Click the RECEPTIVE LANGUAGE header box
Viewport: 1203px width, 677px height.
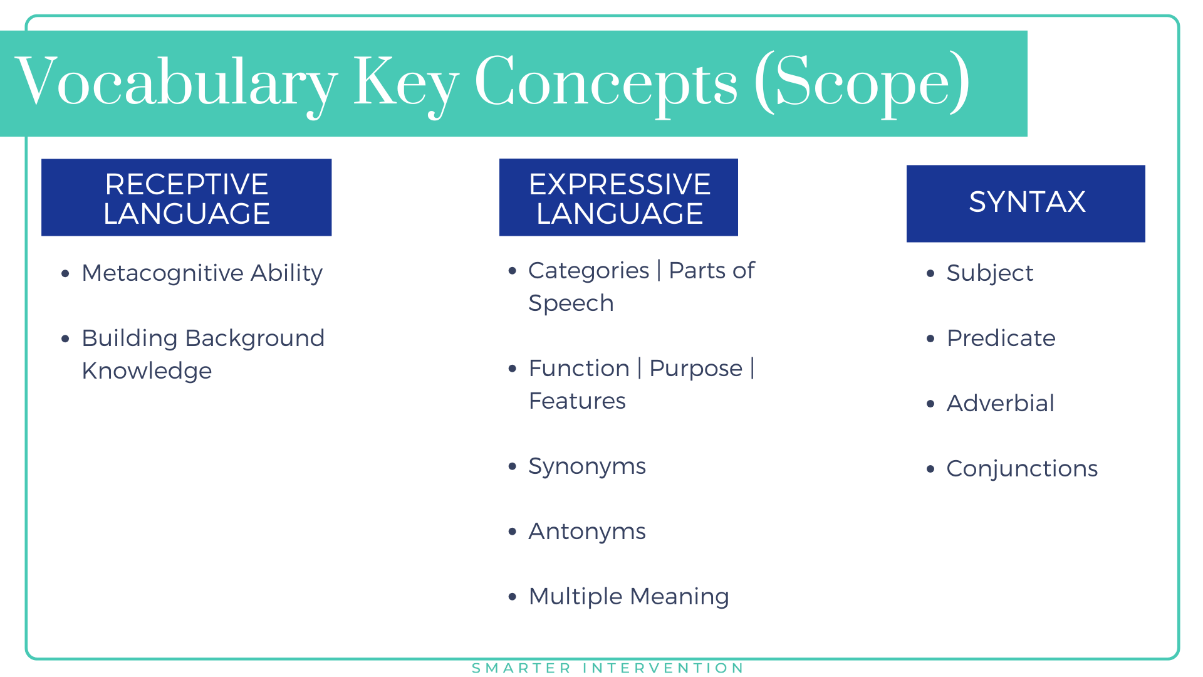186,198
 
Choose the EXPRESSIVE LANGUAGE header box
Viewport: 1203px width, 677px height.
618,198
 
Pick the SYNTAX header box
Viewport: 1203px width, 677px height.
1026,203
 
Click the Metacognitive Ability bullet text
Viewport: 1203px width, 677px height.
202,273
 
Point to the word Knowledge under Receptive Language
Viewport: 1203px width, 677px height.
147,371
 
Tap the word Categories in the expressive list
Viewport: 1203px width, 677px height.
588,271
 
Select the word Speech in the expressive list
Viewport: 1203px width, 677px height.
571,303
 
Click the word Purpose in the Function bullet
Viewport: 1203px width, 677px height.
695,369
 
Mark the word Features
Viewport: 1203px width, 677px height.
577,401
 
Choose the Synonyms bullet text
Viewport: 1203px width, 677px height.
587,466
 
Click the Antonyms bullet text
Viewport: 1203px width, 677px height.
587,532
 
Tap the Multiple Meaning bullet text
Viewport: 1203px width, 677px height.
628,597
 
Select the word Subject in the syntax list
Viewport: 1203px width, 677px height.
990,273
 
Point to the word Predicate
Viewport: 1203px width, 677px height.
1001,338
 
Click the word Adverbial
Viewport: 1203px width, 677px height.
1000,404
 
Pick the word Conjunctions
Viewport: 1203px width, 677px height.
1022,469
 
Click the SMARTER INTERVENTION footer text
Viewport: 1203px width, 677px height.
608,668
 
